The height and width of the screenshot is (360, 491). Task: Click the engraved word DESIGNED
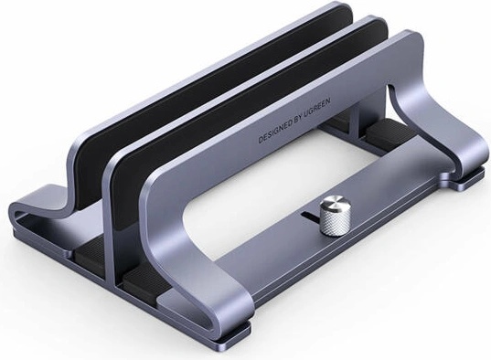(x=274, y=132)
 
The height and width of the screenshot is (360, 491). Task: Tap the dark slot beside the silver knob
(x=310, y=216)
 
